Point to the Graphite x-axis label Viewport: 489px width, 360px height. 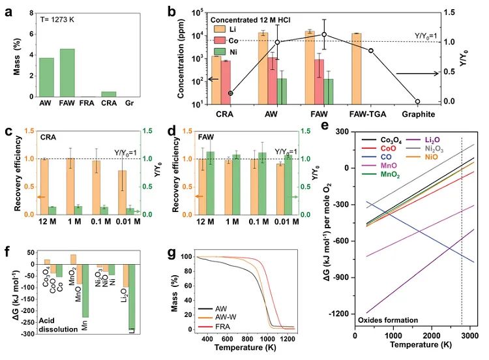417,112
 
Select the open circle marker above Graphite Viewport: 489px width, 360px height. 418,102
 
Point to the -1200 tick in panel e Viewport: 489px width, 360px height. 341,314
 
